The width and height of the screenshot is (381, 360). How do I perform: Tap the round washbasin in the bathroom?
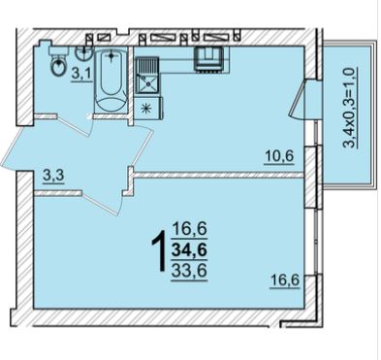pyautogui.click(x=84, y=52)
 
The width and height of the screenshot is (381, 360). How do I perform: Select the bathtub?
pyautogui.click(x=111, y=80)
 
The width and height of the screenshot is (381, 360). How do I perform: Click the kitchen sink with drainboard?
pyautogui.click(x=147, y=76)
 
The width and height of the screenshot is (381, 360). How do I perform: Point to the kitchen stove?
pyautogui.click(x=208, y=58)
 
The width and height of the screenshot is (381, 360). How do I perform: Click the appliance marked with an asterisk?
pyautogui.click(x=148, y=108)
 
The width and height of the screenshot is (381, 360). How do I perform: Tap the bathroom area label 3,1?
pyautogui.click(x=79, y=75)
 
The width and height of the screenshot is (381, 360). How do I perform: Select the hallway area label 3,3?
pyautogui.click(x=53, y=177)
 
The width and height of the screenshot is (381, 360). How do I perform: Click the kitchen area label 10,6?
pyautogui.click(x=279, y=156)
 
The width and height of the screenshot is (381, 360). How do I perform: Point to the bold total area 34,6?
pyautogui.click(x=189, y=250)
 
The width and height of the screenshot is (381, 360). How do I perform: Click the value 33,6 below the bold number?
pyautogui.click(x=189, y=270)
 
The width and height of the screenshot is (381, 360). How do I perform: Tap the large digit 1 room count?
pyautogui.click(x=159, y=251)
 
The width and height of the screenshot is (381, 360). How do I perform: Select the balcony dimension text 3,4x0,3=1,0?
pyautogui.click(x=350, y=107)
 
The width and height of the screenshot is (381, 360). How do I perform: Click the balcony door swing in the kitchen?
pyautogui.click(x=298, y=100)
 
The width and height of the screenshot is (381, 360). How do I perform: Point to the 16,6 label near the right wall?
pyautogui.click(x=285, y=280)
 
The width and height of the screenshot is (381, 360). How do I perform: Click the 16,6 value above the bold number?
pyautogui.click(x=190, y=230)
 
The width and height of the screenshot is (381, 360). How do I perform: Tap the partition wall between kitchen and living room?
pyautogui.click(x=219, y=175)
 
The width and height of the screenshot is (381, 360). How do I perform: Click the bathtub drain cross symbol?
pyautogui.click(x=111, y=56)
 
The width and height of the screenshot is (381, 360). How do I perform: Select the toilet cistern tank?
pyautogui.click(x=58, y=50)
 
